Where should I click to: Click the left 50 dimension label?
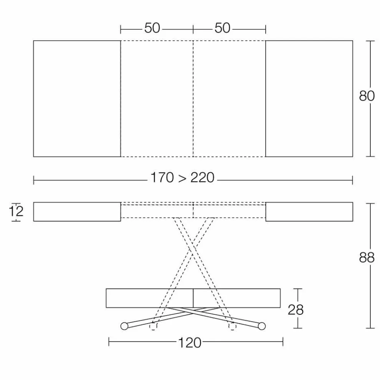pyautogui.click(x=152, y=28)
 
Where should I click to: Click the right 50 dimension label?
pyautogui.click(x=222, y=28)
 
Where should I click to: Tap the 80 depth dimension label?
pyautogui.click(x=367, y=96)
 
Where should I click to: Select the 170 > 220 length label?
pyautogui.click(x=182, y=178)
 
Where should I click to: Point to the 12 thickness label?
pyautogui.click(x=16, y=211)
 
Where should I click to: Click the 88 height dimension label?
pyautogui.click(x=367, y=258)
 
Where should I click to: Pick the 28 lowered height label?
pyautogui.click(x=296, y=310)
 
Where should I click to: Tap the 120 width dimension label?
pyautogui.click(x=190, y=343)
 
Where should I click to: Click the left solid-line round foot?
pyautogui.click(x=124, y=326)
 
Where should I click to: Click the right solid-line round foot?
pyautogui.click(x=262, y=326)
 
